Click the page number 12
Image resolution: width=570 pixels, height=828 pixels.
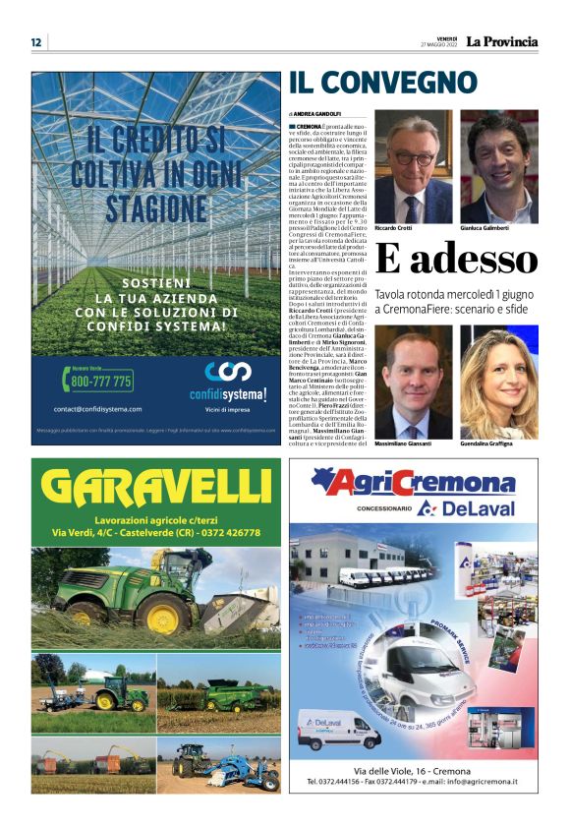pos(35,42)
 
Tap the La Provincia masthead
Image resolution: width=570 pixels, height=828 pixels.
pos(501,41)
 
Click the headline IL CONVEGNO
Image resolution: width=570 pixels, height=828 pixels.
pos(382,83)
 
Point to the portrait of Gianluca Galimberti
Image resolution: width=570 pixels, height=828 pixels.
pos(499,167)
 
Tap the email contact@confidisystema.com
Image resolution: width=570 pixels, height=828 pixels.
pos(98,409)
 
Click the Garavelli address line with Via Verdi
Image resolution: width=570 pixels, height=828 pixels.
pos(156,532)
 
